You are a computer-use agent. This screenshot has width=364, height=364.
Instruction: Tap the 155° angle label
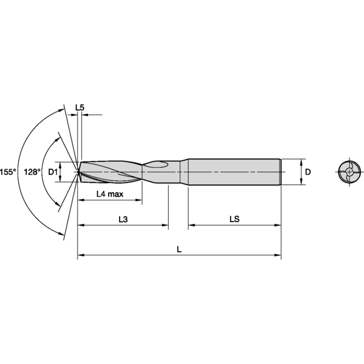[7, 172]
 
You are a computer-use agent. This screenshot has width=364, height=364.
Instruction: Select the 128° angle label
[32, 172]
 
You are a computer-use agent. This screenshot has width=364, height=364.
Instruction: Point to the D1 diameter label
[53, 172]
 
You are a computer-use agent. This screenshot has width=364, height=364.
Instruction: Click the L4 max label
[110, 194]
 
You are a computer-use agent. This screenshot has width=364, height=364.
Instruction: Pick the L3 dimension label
[123, 219]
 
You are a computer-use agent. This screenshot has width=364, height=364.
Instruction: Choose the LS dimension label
[234, 219]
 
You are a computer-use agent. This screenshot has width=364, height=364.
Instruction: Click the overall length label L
[178, 249]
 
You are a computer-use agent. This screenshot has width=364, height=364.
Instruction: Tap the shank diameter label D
[308, 172]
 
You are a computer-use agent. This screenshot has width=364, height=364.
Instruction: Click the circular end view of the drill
[348, 172]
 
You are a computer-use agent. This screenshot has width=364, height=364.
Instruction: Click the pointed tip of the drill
[79, 172]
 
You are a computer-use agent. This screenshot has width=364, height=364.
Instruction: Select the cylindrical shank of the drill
[234, 172]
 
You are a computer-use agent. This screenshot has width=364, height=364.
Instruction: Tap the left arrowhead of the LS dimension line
[191, 226]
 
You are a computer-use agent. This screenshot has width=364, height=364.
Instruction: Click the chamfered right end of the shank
[279, 172]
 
